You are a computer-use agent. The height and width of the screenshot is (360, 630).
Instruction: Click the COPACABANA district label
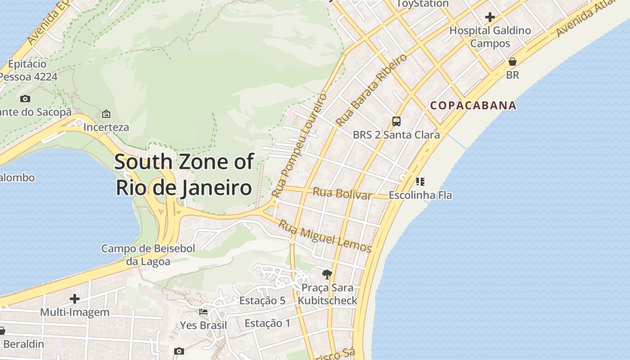point(473,106)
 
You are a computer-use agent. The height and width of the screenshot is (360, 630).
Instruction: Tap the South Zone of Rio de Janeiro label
point(184,175)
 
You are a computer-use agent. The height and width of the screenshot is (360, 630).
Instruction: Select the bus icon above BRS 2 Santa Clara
point(396,121)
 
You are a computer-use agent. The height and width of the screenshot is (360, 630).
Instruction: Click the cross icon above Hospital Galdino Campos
point(490,18)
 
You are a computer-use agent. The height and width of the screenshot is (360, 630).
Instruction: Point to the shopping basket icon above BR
point(512,62)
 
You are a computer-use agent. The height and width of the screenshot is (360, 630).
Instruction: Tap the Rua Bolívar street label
point(342,193)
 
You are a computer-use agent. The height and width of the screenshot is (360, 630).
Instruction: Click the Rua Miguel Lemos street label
point(325,236)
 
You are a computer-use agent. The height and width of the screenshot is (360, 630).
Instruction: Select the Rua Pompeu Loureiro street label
point(300,145)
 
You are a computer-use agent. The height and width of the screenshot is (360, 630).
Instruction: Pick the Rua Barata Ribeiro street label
point(371,90)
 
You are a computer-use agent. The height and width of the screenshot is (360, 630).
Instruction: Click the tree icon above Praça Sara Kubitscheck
point(327,274)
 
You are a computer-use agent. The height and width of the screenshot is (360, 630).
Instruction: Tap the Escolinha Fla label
point(420,195)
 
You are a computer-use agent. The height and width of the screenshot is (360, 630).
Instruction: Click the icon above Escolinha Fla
point(420,182)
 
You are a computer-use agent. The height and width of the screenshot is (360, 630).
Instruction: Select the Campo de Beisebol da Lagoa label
point(148,255)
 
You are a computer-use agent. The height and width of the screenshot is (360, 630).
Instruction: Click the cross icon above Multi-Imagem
point(75,299)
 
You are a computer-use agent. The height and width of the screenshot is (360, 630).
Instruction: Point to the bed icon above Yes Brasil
point(203,311)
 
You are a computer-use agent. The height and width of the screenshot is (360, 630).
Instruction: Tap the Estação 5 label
point(262,301)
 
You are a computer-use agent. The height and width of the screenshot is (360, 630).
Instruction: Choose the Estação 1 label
point(267,323)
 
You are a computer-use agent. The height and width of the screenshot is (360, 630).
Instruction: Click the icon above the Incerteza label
point(106,114)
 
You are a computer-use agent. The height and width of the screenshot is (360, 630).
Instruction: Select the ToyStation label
point(423,4)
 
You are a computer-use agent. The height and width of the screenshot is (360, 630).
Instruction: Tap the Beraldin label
point(23,344)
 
